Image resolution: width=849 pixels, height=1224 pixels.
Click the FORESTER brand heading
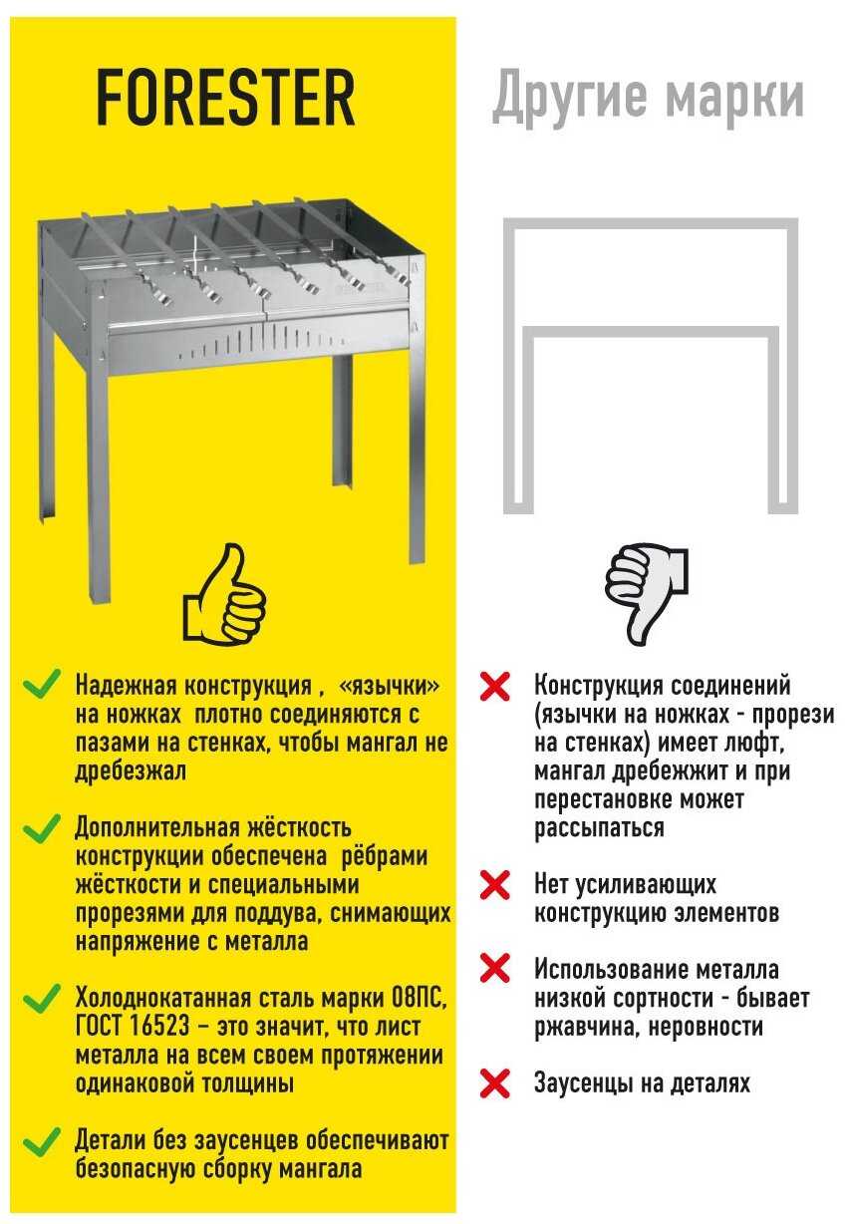point(225,98)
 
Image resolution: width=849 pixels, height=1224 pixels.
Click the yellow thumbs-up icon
point(224,594)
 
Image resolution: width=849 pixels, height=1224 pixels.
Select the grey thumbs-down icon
point(647,594)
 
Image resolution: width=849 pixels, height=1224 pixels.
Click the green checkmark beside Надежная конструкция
point(42,684)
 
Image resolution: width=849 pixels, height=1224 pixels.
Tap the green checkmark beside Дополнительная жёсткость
point(42,829)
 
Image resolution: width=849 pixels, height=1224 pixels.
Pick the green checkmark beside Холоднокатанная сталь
point(42,1000)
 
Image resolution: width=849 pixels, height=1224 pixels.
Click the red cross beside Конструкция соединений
point(495,686)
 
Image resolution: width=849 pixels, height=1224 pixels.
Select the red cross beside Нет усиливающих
point(495,885)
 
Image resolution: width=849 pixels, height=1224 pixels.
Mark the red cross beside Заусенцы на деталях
point(495,1082)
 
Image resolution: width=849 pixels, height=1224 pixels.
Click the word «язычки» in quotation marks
point(389,685)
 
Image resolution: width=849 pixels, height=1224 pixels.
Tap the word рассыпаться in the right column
point(599,828)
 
